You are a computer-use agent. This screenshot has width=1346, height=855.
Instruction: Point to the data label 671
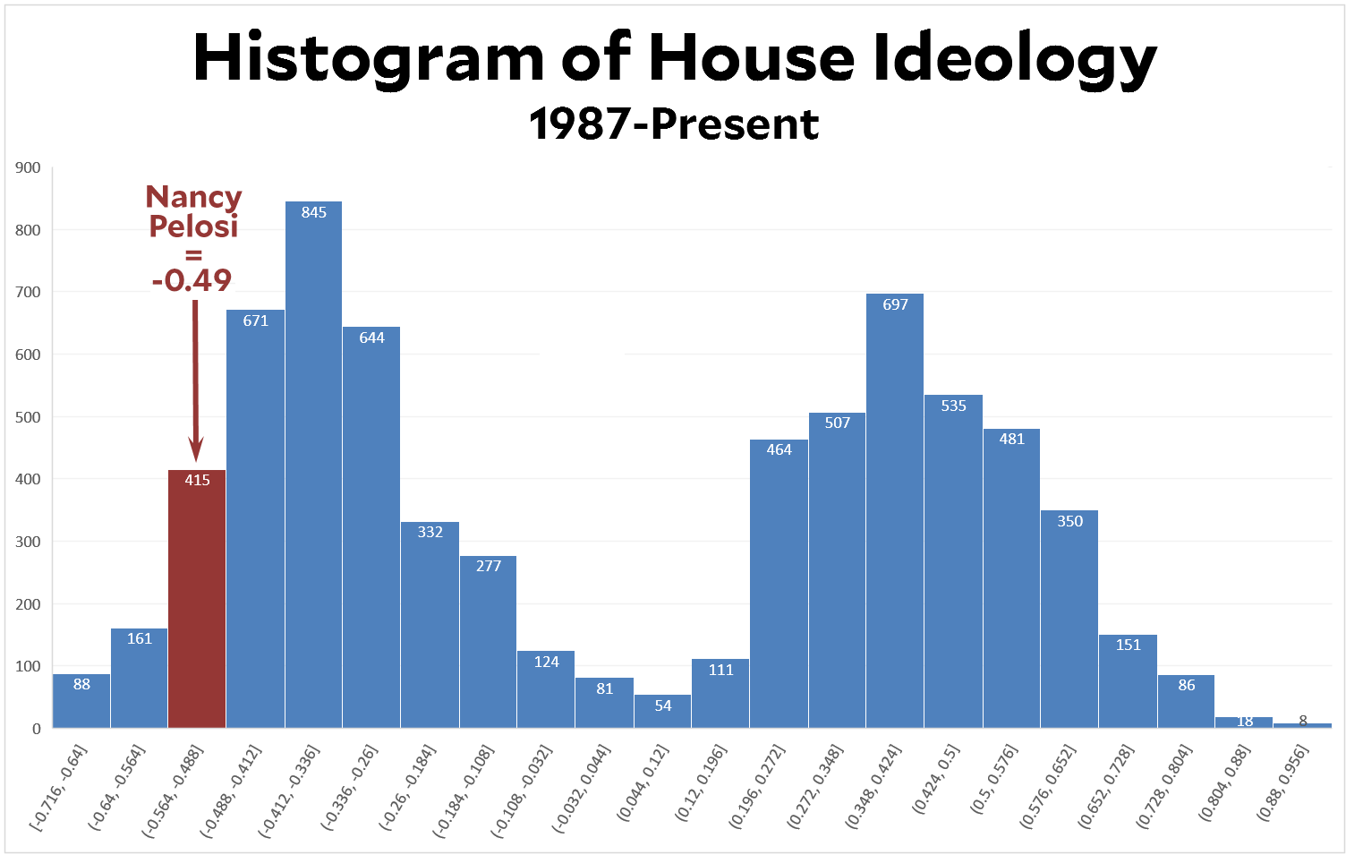[x=256, y=321]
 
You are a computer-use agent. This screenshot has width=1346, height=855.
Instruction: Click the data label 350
[x=1069, y=521]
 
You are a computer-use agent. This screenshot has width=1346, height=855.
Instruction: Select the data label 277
[x=489, y=566]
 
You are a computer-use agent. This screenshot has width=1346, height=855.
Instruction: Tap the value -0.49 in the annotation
[x=192, y=280]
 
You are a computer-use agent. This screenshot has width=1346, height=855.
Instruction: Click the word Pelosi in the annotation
[x=193, y=227]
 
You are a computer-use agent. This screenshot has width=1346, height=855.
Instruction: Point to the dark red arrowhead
[x=196, y=449]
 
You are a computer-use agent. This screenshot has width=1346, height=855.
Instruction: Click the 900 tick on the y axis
[x=29, y=167]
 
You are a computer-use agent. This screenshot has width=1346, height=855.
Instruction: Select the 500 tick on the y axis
[x=29, y=417]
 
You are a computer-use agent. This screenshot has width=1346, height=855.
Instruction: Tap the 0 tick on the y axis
[x=37, y=729]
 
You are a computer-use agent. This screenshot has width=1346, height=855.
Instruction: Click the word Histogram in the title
[x=368, y=58]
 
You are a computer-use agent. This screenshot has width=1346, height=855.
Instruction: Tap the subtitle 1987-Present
[x=673, y=124]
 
